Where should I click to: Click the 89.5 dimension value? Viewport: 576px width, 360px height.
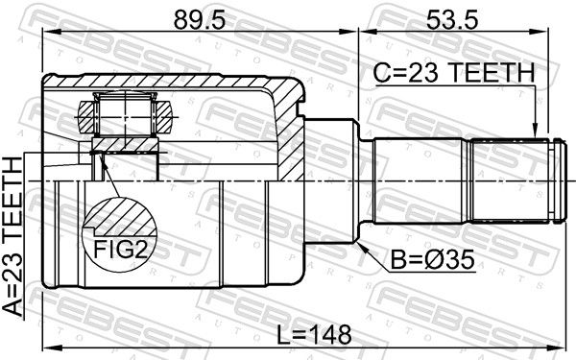pos(199,20)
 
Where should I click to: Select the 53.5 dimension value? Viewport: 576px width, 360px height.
pos(452,20)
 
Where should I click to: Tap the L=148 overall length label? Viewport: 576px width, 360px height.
pos(314,335)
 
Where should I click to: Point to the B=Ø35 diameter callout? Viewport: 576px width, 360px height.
pos(432,260)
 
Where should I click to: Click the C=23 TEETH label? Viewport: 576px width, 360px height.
pos(454,73)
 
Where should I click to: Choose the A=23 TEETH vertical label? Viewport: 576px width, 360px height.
pos(12,236)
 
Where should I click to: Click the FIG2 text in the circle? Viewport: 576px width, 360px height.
pos(120,250)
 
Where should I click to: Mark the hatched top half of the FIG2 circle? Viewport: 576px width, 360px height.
pos(120,218)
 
